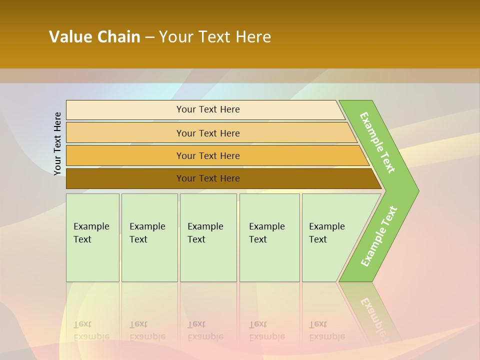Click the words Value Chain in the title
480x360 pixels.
coord(94,37)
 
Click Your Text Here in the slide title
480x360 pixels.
coord(215,37)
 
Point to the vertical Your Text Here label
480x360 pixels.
coord(57,143)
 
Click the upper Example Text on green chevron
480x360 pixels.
coord(377,142)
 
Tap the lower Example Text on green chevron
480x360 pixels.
coord(379,236)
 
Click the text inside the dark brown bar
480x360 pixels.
coord(208,178)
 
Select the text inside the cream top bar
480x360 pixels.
coord(208,109)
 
